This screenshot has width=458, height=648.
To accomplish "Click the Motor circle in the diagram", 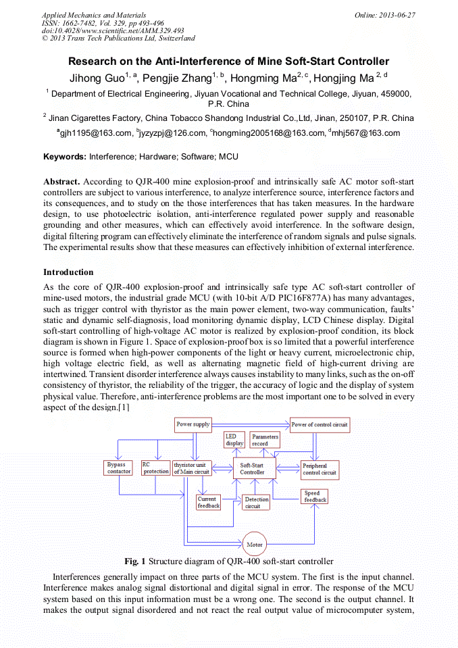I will pyautogui.click(x=255, y=544).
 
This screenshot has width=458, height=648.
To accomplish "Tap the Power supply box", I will pyautogui.click(x=193, y=424).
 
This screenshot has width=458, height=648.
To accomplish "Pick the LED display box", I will pyautogui.click(x=234, y=440).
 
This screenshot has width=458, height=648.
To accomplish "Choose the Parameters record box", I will pyautogui.click(x=265, y=440).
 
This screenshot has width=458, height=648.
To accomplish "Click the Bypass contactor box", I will pyautogui.click(x=119, y=468).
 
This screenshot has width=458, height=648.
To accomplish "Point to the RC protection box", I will pyautogui.click(x=155, y=468).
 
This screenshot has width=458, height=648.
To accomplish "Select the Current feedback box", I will pyautogui.click(x=208, y=502).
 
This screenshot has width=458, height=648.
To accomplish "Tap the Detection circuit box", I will pyautogui.click(x=257, y=502).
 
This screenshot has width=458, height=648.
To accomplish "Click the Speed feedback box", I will pyautogui.click(x=315, y=497).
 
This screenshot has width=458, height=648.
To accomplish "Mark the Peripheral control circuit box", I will pyautogui.click(x=320, y=469).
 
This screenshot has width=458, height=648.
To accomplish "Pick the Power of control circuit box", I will pyautogui.click(x=320, y=425).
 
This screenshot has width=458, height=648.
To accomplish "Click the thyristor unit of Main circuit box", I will pyautogui.click(x=192, y=468).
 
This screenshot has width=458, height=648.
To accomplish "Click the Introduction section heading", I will pyautogui.click(x=68, y=272).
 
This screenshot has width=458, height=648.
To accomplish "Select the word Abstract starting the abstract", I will pyautogui.click(x=62, y=182).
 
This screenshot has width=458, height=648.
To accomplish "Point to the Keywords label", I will pyautogui.click(x=65, y=157).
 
